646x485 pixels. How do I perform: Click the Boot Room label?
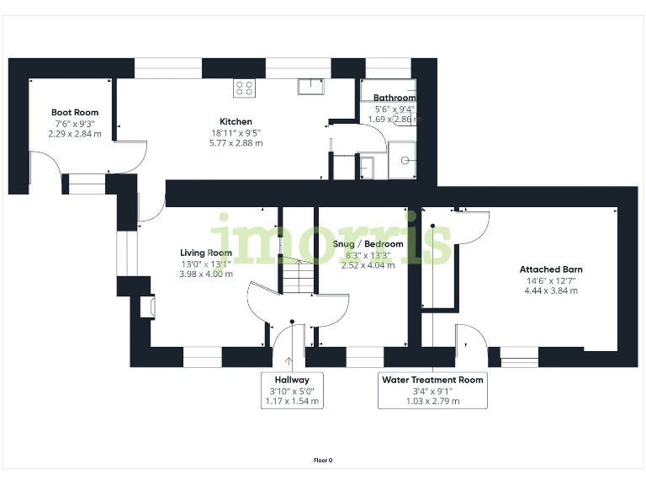(x=75, y=112)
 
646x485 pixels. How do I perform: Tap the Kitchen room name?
(x=236, y=121)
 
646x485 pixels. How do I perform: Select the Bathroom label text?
(x=394, y=98)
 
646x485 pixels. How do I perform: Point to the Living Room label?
(x=206, y=253)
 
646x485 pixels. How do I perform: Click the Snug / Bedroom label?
(x=368, y=243)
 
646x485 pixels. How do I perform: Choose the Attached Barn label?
(x=551, y=269)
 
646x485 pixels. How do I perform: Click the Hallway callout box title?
(x=292, y=380)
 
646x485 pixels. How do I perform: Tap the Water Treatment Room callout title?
(x=432, y=380)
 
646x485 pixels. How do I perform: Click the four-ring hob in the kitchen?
(x=244, y=88)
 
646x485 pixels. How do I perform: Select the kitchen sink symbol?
(x=310, y=87)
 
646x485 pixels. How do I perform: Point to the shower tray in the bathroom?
(x=402, y=161)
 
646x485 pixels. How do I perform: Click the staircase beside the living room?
(x=298, y=275)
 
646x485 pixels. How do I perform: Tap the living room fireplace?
(x=147, y=306)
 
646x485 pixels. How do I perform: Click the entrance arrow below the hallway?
(x=289, y=362)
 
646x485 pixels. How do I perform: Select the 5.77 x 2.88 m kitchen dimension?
(x=236, y=143)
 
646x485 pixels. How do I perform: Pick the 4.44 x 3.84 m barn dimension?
(x=551, y=290)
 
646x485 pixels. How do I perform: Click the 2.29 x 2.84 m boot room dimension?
(x=75, y=134)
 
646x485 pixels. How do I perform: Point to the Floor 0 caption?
(x=323, y=461)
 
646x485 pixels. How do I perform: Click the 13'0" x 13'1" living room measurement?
(x=206, y=264)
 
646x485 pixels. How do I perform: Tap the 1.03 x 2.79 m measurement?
(x=432, y=402)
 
